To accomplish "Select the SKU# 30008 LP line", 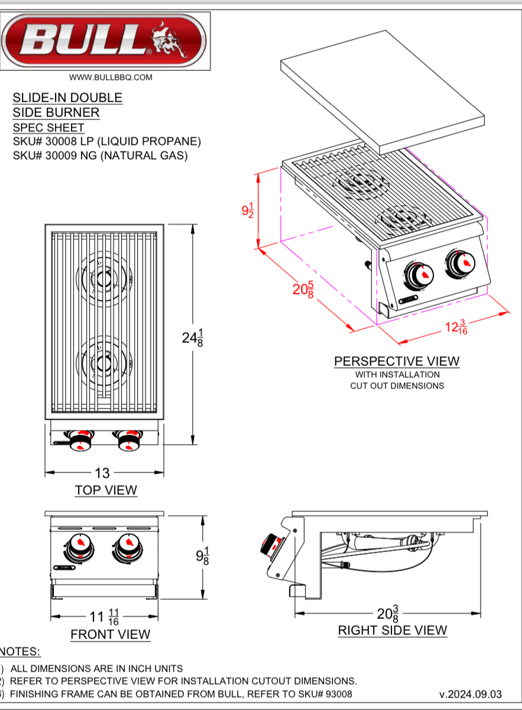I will pos(107,142).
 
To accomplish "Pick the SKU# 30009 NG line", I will pos(100,156).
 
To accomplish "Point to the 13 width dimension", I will pos(103,473).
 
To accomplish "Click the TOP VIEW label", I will pos(105,490).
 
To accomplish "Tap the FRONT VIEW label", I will pos(111,634).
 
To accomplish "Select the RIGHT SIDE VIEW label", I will pos(393,630).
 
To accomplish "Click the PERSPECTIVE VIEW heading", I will pos(397,361).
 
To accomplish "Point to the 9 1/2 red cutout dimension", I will pos(248,210).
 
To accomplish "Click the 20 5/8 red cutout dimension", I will pos(303,289).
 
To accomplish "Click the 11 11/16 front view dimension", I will pos(105,618).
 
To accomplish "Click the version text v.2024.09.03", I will pos(470,694).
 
